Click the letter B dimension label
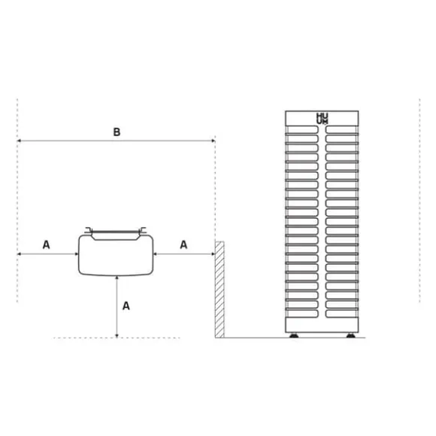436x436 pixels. point(117,132)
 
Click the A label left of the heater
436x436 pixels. point(46,245)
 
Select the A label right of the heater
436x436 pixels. point(183,245)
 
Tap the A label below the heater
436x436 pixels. point(126,306)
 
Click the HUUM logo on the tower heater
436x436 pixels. point(322,119)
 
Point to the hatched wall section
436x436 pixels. point(220,289)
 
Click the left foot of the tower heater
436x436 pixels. point(294,335)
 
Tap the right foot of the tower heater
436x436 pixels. point(350,335)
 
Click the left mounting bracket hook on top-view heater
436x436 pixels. point(88,230)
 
